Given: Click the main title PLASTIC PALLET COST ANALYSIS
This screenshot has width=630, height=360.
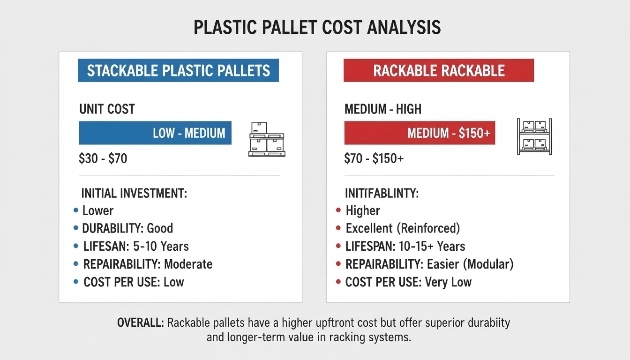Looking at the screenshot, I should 317,28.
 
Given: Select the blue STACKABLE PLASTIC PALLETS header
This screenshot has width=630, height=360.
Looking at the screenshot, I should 178,70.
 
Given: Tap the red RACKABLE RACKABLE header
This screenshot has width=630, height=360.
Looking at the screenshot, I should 439,70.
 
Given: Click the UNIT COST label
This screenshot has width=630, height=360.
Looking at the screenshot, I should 107,109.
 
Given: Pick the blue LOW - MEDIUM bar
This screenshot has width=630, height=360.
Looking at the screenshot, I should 155,133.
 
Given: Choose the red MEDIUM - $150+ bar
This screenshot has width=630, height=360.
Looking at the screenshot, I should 420,133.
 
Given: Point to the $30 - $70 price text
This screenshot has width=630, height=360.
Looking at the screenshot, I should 103,158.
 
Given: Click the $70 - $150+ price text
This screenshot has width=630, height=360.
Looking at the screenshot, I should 374,158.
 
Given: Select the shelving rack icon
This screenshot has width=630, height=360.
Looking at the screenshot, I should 534,136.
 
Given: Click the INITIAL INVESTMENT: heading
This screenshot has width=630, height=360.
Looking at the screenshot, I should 134,193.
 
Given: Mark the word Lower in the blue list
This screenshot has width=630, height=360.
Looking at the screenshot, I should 98,210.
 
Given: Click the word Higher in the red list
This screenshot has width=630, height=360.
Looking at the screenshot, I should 363,210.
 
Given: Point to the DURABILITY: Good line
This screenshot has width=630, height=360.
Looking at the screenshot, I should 127,228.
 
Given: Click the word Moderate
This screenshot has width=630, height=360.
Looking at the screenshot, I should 188,264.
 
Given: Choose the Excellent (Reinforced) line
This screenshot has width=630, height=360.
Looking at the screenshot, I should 403,228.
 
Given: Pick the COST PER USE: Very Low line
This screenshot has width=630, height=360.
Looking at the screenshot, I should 408,282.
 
